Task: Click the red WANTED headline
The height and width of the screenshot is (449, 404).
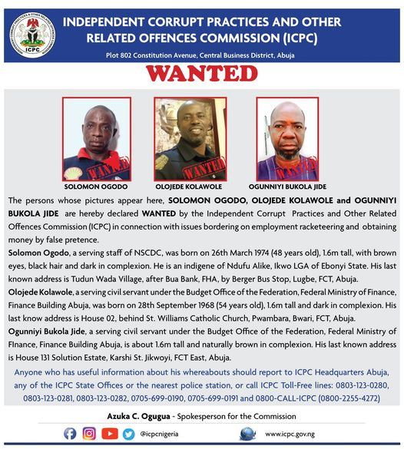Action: pyautogui.click(x=203, y=74)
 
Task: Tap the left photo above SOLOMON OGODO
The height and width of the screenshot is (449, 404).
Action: pyautogui.click(x=96, y=139)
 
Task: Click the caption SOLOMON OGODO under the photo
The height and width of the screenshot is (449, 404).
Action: pyautogui.click(x=96, y=187)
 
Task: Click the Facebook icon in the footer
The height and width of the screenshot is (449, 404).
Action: pyautogui.click(x=70, y=434)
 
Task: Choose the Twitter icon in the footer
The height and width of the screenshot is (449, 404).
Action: pyautogui.click(x=128, y=434)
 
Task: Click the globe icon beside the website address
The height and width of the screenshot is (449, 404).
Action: pyautogui.click(x=247, y=434)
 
